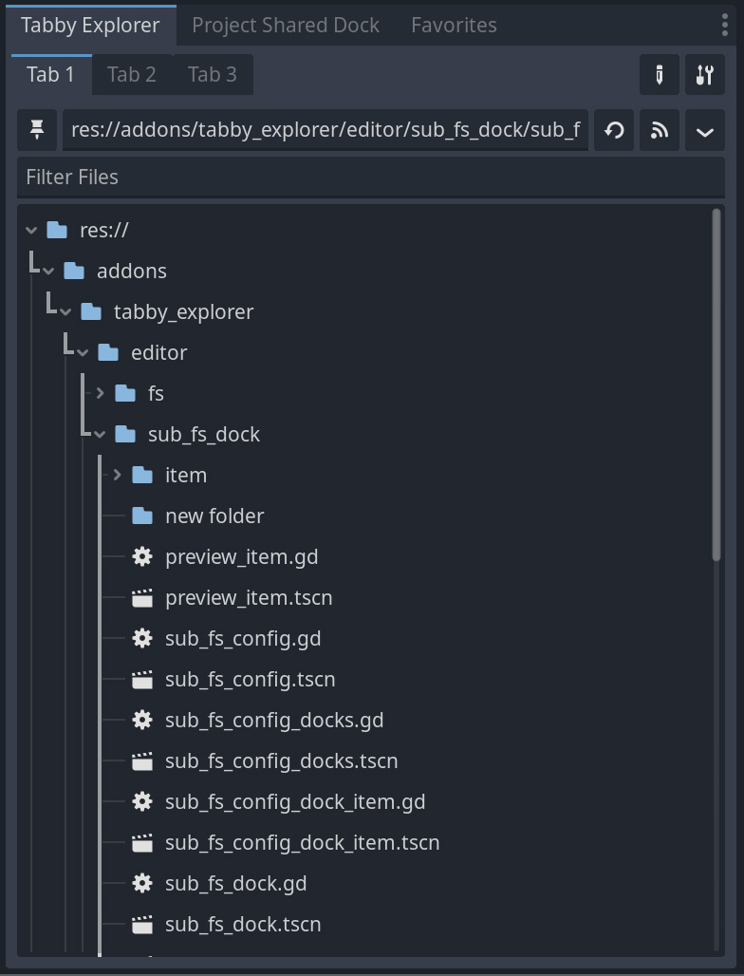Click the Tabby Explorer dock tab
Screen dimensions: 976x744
89,25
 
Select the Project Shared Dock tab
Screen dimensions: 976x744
286,25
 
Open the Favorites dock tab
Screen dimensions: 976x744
454,25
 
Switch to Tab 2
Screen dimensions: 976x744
132,74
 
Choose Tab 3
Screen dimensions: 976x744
213,74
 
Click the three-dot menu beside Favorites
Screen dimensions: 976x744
725,25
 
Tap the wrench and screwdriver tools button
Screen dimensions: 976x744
704,75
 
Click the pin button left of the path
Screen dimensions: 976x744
38,130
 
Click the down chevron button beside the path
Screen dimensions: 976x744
704,131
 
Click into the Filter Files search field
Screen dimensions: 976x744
370,177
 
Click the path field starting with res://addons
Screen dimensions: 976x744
325,130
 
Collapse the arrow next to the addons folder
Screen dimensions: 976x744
48,272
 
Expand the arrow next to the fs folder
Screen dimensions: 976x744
100,393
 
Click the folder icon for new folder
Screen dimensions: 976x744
142,516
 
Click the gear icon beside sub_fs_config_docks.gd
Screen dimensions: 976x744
142,720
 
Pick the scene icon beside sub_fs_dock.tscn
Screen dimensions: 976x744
142,924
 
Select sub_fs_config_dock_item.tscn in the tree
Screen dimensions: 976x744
302,842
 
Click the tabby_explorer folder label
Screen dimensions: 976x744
183,311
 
